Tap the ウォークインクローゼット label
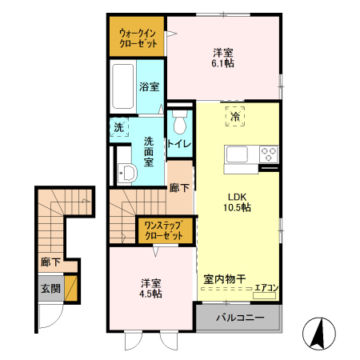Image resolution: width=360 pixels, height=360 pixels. tap(137, 38)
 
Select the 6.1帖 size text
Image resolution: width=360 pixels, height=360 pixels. tap(224, 62)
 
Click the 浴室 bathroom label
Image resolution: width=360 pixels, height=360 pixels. tap(148, 86)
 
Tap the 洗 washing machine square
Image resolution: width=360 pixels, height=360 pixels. tap(118, 127)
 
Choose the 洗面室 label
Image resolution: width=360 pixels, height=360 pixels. tap(149, 150)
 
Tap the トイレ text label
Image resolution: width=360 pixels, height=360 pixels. tap(178, 144)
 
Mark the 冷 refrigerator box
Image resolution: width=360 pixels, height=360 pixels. tap(235, 116)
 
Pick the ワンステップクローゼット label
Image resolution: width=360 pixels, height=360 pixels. tap(165, 232)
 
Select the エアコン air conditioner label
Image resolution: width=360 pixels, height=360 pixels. tap(266, 288)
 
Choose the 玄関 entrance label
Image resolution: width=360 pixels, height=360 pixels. tap(50, 289)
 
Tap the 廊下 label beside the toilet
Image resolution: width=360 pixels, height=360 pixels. tap(179, 188)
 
